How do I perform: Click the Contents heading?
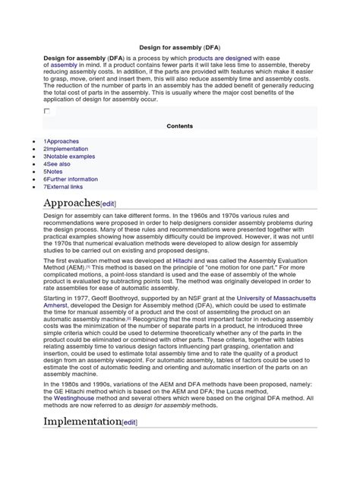click(x=180, y=125)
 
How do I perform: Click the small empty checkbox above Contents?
click(x=47, y=111)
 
